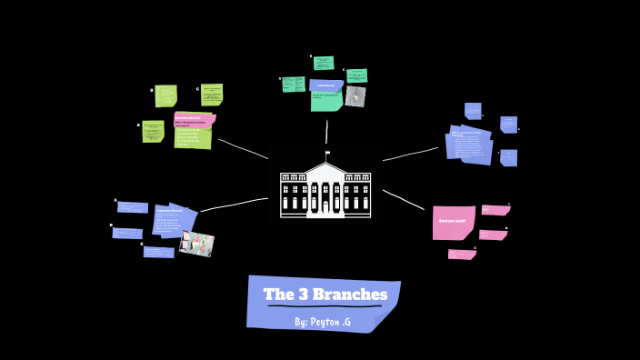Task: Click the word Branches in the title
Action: tap(350, 295)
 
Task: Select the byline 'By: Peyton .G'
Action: tap(323, 322)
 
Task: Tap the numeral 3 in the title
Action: tap(302, 295)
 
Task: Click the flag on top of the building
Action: tap(327, 153)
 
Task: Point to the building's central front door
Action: tap(325, 205)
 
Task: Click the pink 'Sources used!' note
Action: tap(453, 222)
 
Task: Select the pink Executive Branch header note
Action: tap(194, 119)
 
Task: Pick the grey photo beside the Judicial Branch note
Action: tap(355, 96)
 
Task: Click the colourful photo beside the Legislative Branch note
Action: tap(197, 243)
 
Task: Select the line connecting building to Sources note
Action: tap(404, 200)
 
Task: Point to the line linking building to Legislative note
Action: tap(234, 205)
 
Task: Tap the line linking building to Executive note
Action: tap(243, 148)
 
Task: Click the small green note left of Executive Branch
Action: tap(153, 132)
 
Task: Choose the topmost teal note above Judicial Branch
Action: tap(324, 63)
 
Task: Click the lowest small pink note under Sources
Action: tap(461, 255)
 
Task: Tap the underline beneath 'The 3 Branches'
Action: tap(324, 306)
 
